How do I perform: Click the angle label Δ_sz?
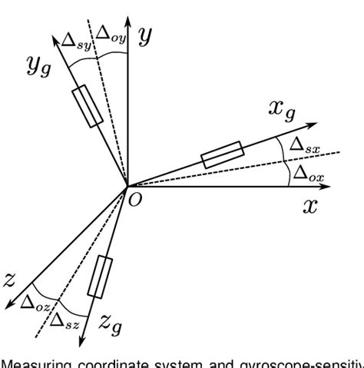[61, 320]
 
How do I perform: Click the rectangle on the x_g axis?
[222, 154]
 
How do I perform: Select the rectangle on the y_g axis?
[86, 107]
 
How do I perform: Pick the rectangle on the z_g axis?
[100, 277]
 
